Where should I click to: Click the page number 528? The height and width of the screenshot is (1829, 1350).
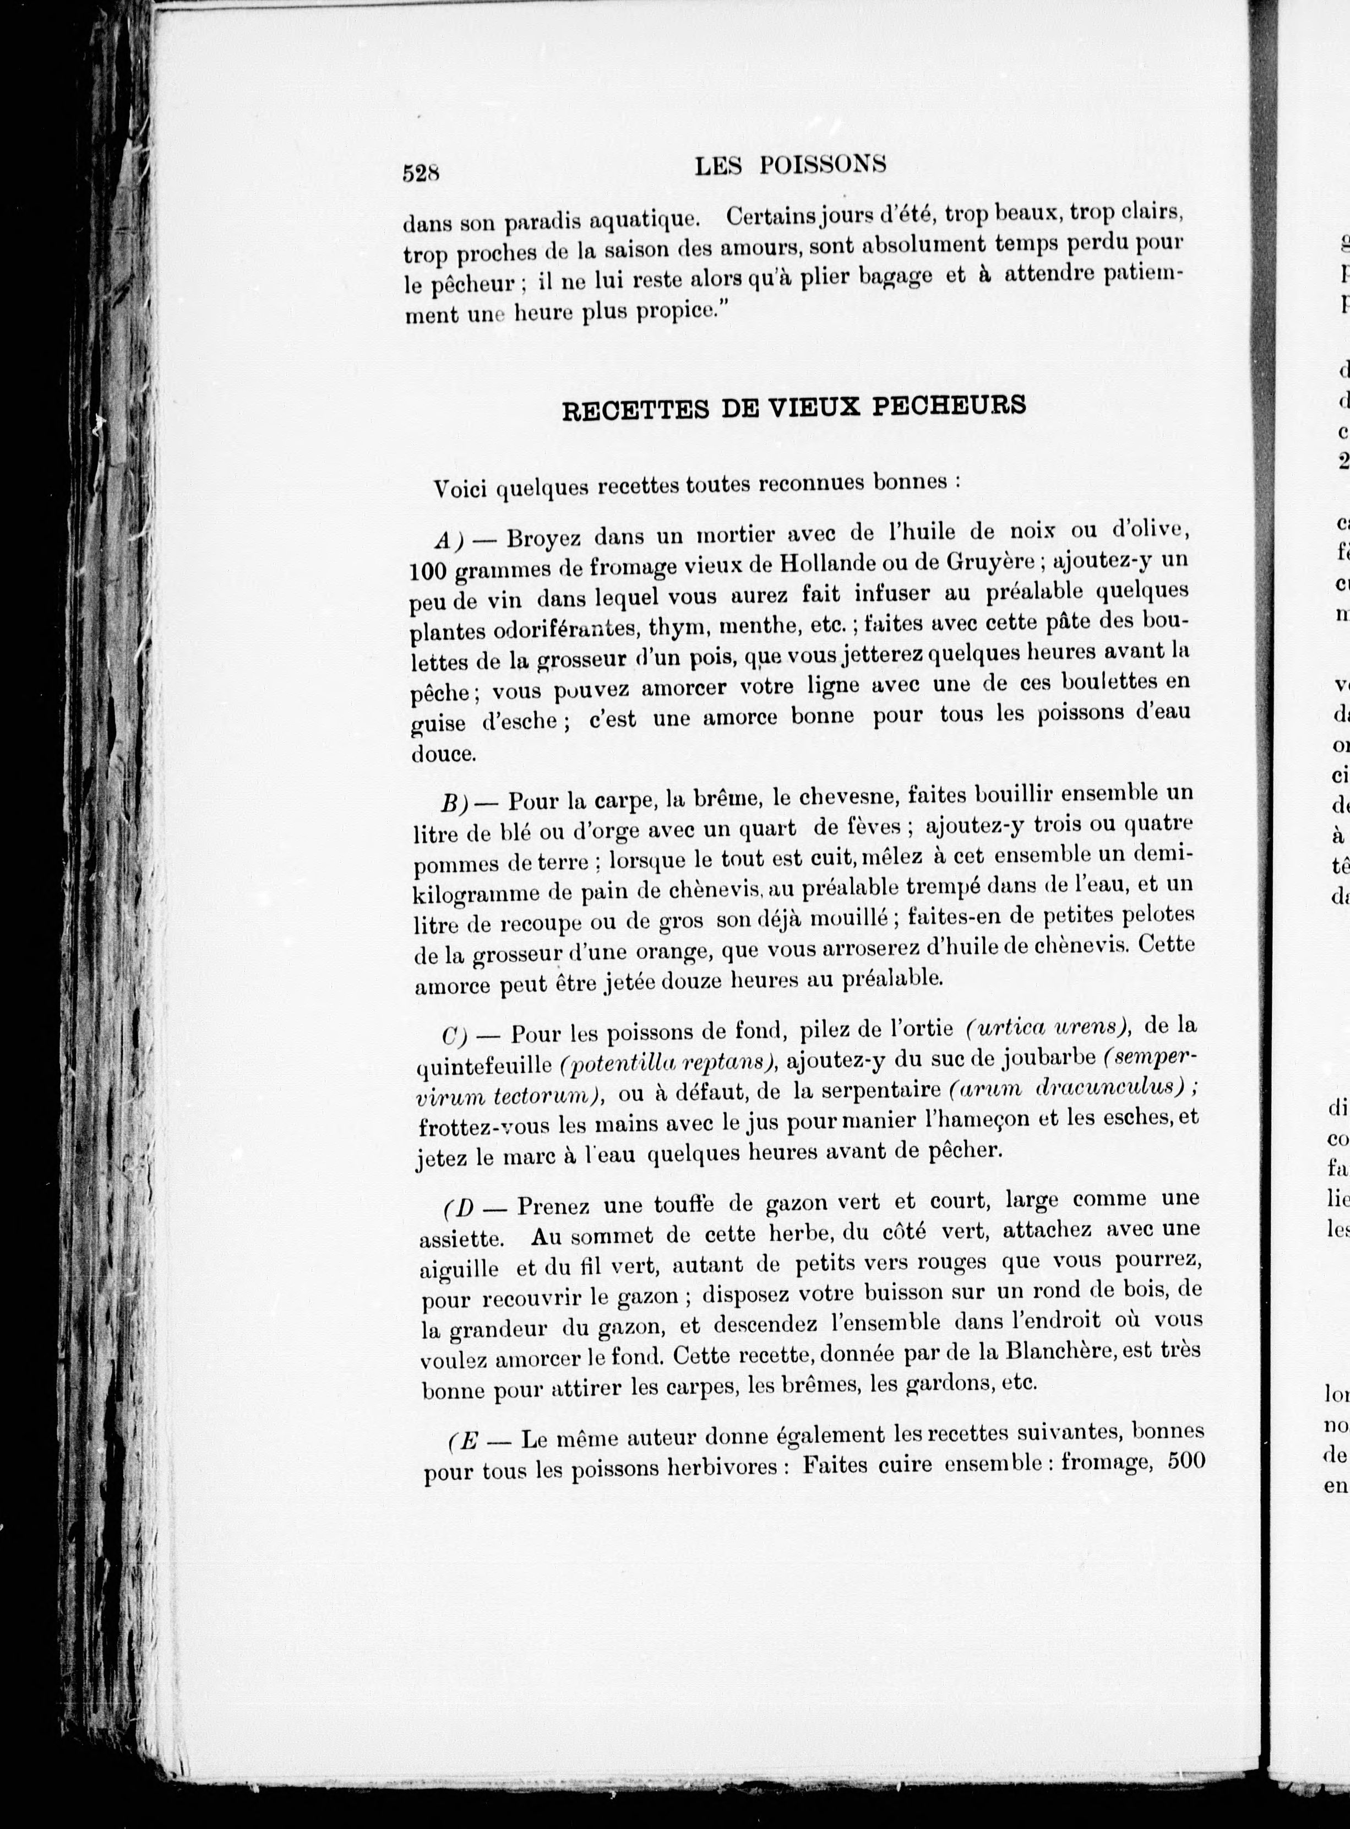421,172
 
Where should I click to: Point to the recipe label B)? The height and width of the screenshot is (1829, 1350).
454,803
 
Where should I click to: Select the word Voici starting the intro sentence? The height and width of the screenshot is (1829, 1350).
462,489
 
